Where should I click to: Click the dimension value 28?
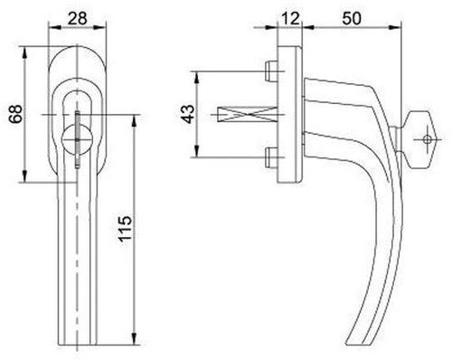[77, 18]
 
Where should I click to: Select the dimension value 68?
[15, 114]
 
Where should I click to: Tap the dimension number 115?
[125, 229]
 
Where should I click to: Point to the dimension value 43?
[189, 114]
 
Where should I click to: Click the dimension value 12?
[290, 18]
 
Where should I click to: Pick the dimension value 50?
[352, 18]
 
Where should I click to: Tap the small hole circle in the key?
[427, 139]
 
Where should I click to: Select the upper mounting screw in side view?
[271, 71]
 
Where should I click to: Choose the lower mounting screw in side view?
[271, 157]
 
